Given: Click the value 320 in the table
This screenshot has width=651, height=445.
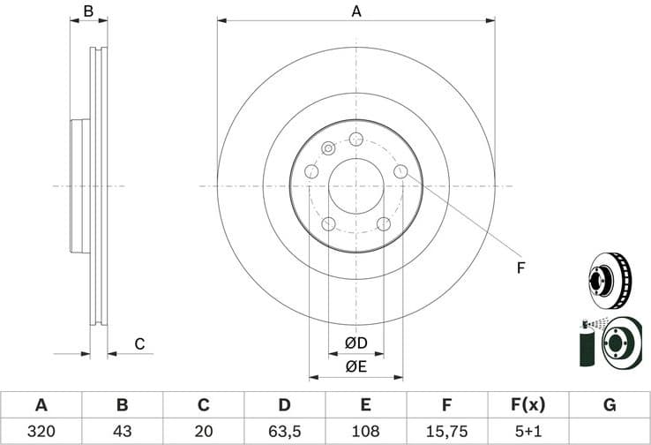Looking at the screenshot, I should [x=41, y=432].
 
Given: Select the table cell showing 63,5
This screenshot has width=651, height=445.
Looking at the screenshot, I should [x=284, y=432].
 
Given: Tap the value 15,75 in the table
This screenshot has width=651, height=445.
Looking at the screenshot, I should [x=447, y=432].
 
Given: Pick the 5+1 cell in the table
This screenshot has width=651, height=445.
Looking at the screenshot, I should [x=528, y=432].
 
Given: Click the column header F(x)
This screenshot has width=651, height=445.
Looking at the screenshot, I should [x=528, y=405].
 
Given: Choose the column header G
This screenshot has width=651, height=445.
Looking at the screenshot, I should [x=610, y=405].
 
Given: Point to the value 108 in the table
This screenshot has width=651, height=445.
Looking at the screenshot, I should [x=366, y=432].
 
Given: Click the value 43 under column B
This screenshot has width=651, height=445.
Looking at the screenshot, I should [x=122, y=432].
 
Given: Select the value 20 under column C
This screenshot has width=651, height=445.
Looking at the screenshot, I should [x=203, y=432].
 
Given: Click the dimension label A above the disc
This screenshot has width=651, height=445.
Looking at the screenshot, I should [x=356, y=11].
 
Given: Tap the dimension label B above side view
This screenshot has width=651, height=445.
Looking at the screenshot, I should [x=88, y=11].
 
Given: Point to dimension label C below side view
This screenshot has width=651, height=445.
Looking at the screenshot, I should [x=138, y=343].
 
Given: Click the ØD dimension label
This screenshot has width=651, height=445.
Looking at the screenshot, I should [x=355, y=342].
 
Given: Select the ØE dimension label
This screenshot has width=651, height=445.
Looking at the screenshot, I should [x=355, y=366].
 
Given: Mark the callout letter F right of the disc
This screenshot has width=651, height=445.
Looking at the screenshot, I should [x=520, y=268].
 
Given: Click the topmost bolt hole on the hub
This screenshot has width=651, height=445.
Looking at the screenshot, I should [x=356, y=140].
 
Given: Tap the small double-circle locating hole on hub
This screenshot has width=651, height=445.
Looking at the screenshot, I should [x=329, y=148].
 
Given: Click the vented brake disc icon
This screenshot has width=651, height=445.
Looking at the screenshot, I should [x=610, y=279].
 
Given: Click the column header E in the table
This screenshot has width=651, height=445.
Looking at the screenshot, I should [x=366, y=405].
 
